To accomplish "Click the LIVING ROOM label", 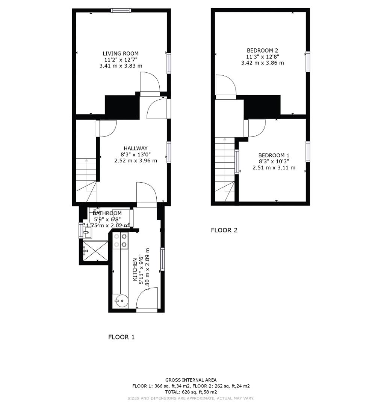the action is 121,54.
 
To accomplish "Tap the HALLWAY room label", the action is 136,148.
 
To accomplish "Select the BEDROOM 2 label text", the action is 262,50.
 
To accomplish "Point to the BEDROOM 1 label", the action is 274,155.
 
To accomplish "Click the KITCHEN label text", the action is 135,270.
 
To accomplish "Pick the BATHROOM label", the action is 107,213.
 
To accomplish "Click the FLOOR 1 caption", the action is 121,337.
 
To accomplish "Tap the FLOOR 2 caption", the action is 224,230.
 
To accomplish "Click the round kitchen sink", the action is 121,301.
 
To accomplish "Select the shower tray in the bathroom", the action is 95,250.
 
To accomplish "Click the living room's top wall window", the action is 121,10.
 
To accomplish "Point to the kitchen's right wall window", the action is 162,259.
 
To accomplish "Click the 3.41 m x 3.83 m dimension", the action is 121,66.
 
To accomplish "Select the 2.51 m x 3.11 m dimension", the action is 274,168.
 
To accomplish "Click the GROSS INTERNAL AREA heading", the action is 191,380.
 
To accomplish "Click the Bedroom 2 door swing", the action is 226,85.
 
